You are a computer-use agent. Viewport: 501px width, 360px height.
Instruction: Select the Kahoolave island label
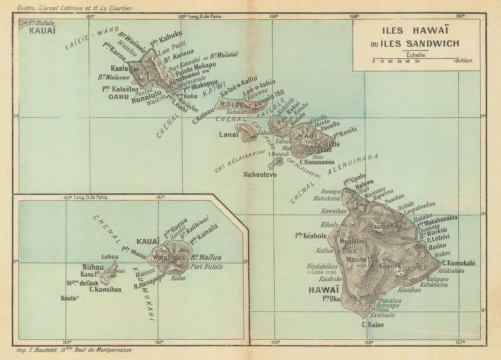click(260, 175)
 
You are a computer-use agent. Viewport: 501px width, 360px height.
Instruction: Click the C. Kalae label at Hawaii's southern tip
click(372, 325)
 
